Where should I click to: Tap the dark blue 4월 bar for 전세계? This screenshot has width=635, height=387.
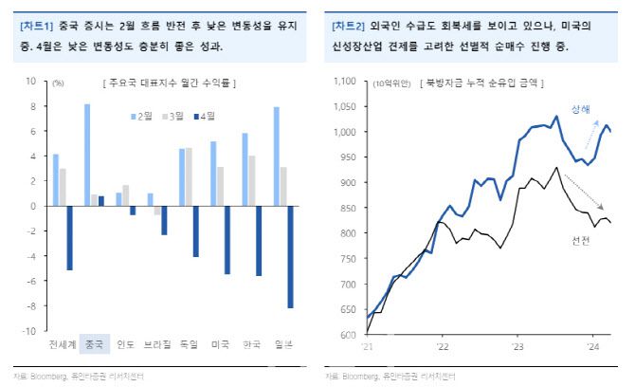pyautogui.click(x=69, y=237)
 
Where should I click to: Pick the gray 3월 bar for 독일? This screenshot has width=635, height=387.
pyautogui.click(x=189, y=176)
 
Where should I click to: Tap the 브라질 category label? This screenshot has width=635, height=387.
pyautogui.click(x=157, y=343)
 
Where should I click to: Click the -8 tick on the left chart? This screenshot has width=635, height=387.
pyautogui.click(x=32, y=306)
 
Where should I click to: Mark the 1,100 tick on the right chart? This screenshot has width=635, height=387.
pyautogui.click(x=349, y=82)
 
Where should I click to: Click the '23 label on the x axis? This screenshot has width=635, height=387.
pyautogui.click(x=516, y=346)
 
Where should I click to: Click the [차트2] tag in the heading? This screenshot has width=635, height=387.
pyautogui.click(x=345, y=27)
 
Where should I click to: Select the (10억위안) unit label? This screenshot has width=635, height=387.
pyautogui.click(x=393, y=83)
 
